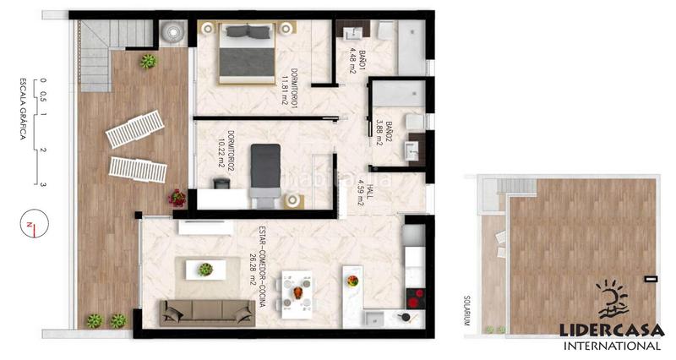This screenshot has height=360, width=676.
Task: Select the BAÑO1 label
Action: (x=357, y=61)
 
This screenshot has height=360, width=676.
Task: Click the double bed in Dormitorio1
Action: (x=248, y=52)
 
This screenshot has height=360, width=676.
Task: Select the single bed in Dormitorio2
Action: (x=266, y=173)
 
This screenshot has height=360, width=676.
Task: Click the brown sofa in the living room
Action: (x=207, y=312)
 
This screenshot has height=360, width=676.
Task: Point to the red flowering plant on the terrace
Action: (x=177, y=198)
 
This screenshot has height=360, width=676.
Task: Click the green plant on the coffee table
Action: (x=205, y=269)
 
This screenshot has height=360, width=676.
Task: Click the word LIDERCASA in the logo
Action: (x=613, y=332)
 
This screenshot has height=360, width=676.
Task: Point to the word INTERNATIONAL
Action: (x=613, y=346)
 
